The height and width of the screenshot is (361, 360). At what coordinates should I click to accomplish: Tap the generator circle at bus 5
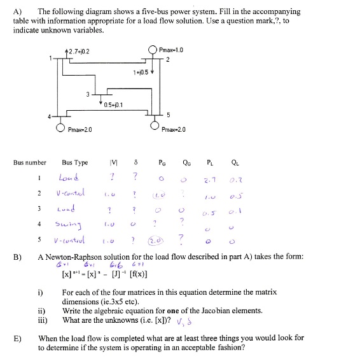point(155,126)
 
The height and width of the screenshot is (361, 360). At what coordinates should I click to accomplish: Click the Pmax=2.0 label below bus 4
point(81,130)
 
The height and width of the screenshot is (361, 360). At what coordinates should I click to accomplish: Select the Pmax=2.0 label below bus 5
point(174,130)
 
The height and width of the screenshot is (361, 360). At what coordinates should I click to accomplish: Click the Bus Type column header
point(75,163)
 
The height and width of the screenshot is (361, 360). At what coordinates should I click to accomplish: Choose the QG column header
point(183,163)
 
